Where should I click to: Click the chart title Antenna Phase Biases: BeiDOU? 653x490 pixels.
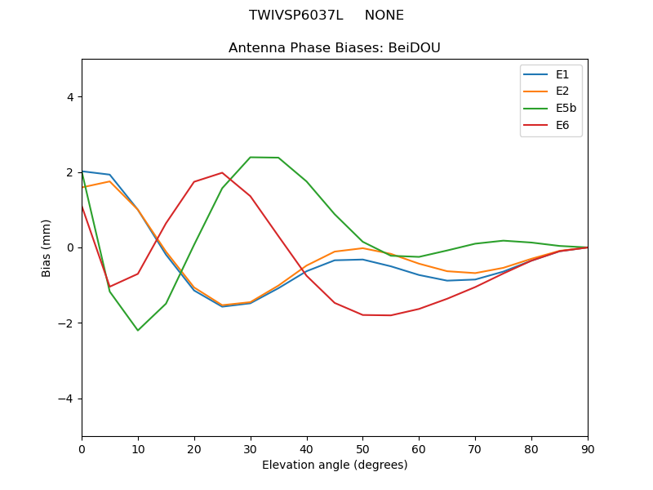335,48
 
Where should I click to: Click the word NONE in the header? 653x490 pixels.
384,16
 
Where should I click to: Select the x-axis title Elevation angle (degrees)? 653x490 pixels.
335,465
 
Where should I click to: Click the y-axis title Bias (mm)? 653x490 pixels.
47,247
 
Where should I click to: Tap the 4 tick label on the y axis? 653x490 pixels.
70,96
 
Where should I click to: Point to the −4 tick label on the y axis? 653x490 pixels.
67,399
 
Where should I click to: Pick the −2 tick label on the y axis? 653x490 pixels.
67,323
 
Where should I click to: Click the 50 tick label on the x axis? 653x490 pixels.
362,448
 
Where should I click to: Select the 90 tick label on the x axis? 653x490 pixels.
588,448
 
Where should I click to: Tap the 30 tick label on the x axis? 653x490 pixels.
251,448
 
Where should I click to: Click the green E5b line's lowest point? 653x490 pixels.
138,330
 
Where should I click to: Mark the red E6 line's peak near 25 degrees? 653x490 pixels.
222,172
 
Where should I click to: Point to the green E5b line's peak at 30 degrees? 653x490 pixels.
251,157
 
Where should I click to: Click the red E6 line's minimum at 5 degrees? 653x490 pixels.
109,287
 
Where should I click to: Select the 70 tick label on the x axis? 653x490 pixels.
475,448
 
